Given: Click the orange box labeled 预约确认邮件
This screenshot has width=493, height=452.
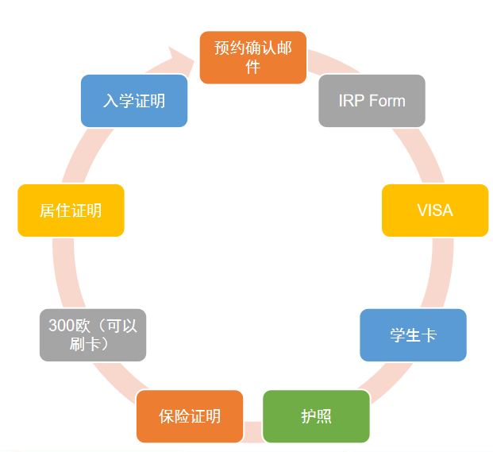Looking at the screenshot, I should click(x=253, y=57).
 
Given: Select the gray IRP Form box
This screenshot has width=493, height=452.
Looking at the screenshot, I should click(x=372, y=101).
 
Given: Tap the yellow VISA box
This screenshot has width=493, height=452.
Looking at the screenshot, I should click(x=435, y=211).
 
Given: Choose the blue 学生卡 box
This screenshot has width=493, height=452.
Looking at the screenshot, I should click(x=413, y=335).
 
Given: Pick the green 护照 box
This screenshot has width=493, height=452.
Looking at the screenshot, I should click(x=316, y=416).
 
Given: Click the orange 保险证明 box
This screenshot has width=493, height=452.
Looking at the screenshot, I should click(x=190, y=416).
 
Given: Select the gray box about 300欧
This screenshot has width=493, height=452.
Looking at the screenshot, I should click(x=93, y=335).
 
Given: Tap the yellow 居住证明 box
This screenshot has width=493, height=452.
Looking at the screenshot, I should click(x=71, y=211).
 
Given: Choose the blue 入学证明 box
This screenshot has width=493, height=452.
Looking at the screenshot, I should click(x=134, y=101).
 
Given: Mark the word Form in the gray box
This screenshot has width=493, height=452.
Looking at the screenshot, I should click(x=387, y=101).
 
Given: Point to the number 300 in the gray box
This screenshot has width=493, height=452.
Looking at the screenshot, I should click(x=62, y=326).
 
